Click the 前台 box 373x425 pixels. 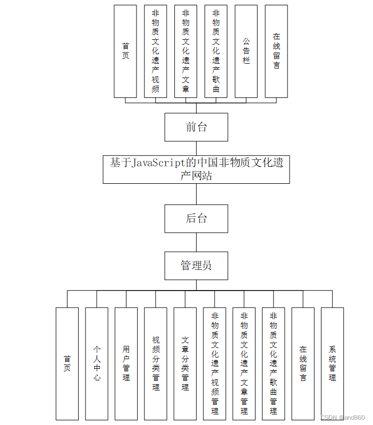tap(196, 127)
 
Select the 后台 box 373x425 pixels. tap(196, 218)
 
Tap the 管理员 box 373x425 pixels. tap(196, 265)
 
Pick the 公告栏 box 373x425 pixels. tap(246, 52)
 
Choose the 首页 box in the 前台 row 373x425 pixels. tap(125, 52)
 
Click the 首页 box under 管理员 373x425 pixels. tap(67, 363)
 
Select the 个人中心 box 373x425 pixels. tap(97, 363)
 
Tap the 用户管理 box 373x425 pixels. tap(126, 363)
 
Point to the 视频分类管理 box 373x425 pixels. tap(156, 363)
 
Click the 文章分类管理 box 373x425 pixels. tap(185, 363)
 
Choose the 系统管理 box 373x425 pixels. tap(332, 363)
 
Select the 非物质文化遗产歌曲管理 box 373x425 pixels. tap(273, 363)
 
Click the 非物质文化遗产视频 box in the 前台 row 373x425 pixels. tap(155, 52)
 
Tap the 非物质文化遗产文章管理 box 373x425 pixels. tap(244, 363)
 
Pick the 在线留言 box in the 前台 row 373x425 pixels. tap(276, 52)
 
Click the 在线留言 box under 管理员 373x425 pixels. tap(303, 363)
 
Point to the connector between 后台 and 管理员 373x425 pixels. tap(196, 242)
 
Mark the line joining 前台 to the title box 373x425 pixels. tap(196, 148)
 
